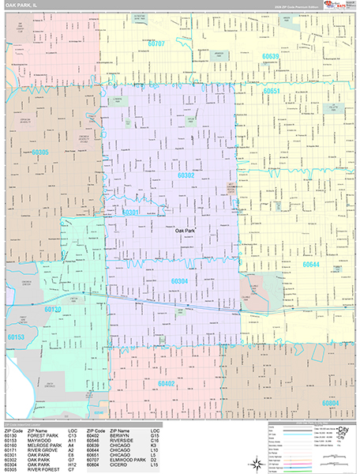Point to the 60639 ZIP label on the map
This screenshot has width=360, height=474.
[271, 56]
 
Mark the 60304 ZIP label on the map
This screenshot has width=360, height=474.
[180, 280]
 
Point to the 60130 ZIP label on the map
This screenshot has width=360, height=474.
[53, 310]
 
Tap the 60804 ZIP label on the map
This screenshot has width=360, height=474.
[331, 403]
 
